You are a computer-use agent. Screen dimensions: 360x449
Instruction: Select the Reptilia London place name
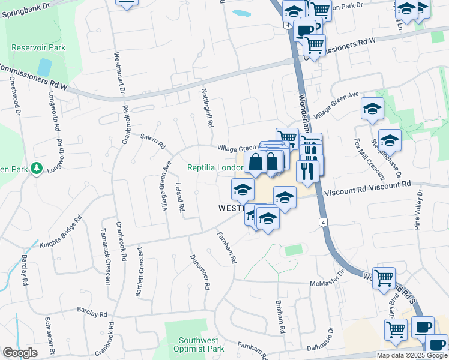215,167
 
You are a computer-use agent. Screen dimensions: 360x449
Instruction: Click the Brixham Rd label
280,317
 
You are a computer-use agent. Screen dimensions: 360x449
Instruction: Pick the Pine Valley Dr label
418,210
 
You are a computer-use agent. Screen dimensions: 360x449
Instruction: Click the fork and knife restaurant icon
307,171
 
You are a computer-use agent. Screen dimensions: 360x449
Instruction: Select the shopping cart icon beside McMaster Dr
384,277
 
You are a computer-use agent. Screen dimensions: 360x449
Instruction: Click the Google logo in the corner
20,353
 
